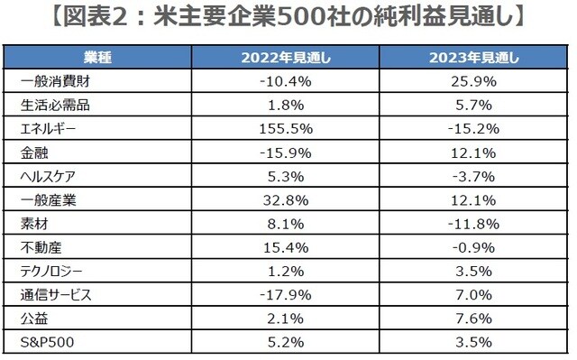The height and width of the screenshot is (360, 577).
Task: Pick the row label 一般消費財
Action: point(50,80)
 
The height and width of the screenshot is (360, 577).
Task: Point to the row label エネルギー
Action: point(46,127)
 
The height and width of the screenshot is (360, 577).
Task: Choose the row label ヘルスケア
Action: point(46,174)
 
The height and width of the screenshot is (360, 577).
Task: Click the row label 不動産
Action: point(38,245)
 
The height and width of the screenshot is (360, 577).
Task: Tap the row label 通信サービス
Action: point(54,292)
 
